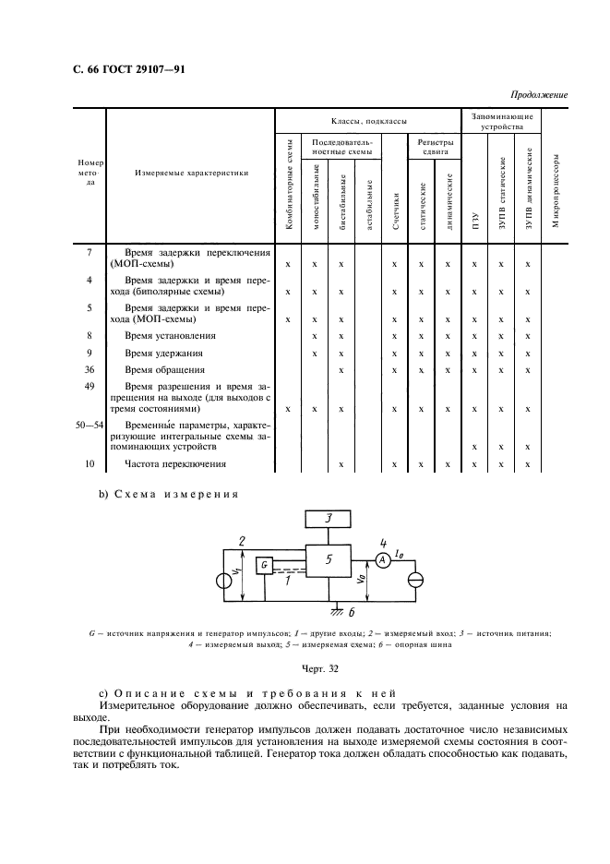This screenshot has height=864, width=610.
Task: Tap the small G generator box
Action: tap(265, 564)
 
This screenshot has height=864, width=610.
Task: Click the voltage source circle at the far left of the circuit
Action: tap(221, 582)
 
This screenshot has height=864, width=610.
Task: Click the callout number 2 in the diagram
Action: tap(241, 540)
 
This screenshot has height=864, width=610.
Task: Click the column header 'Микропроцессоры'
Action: tap(556, 198)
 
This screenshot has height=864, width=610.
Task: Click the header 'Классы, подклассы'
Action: tap(368, 122)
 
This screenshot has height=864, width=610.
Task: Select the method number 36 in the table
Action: tap(89, 370)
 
